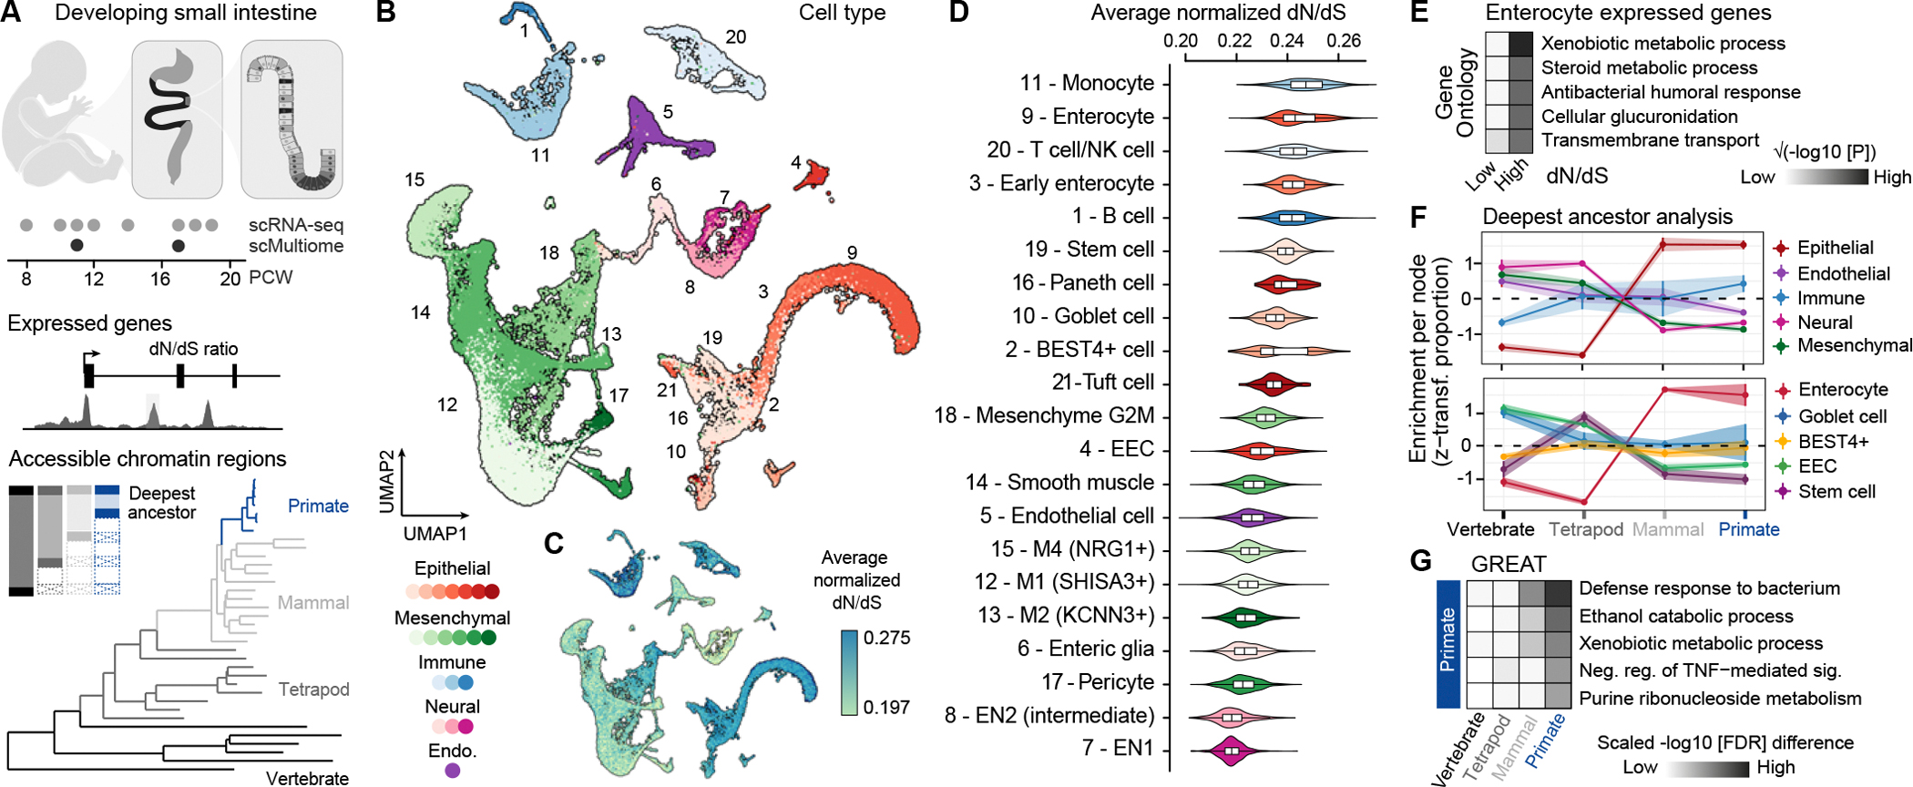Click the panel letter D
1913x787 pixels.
tap(958, 14)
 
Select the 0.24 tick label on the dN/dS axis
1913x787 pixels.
tap(1286, 41)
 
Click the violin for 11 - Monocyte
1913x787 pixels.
tap(1306, 85)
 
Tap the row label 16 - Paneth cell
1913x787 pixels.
tap(1083, 283)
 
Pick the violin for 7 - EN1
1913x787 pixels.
tap(1232, 751)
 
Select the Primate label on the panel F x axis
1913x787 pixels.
tap(1748, 530)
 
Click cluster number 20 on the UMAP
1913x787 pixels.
tap(736, 37)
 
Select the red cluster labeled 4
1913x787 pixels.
tap(811, 174)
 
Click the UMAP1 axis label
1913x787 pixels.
tap(435, 534)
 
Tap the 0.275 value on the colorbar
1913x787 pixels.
tap(886, 638)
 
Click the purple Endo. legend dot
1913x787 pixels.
tap(453, 771)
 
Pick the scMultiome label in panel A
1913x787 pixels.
tap(296, 246)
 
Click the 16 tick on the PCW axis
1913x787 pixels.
tap(160, 279)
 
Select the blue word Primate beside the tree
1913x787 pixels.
tap(318, 506)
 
